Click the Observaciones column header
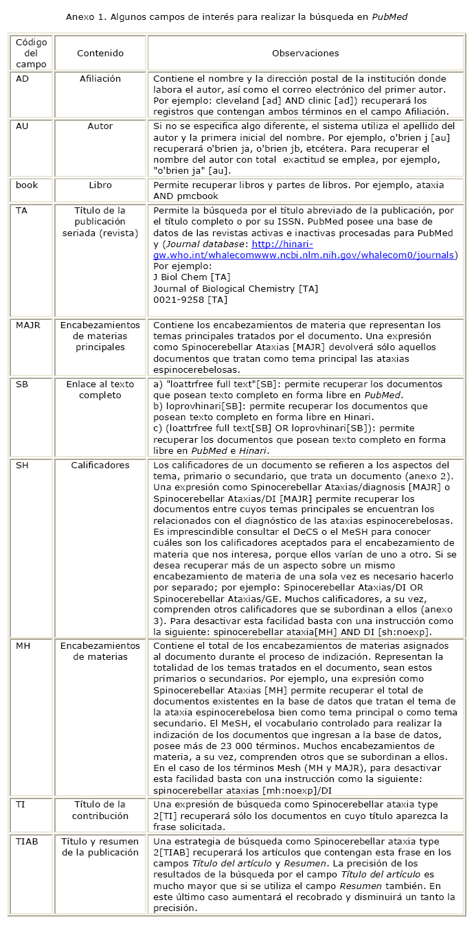pyautogui.click(x=305, y=53)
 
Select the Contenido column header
pyautogui.click(x=100, y=53)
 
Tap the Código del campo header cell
pyautogui.click(x=32, y=53)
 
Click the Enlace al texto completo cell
pyautogui.click(x=100, y=389)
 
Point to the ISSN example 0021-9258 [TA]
pyautogui.click(x=190, y=300)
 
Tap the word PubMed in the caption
pyautogui.click(x=389, y=15)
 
